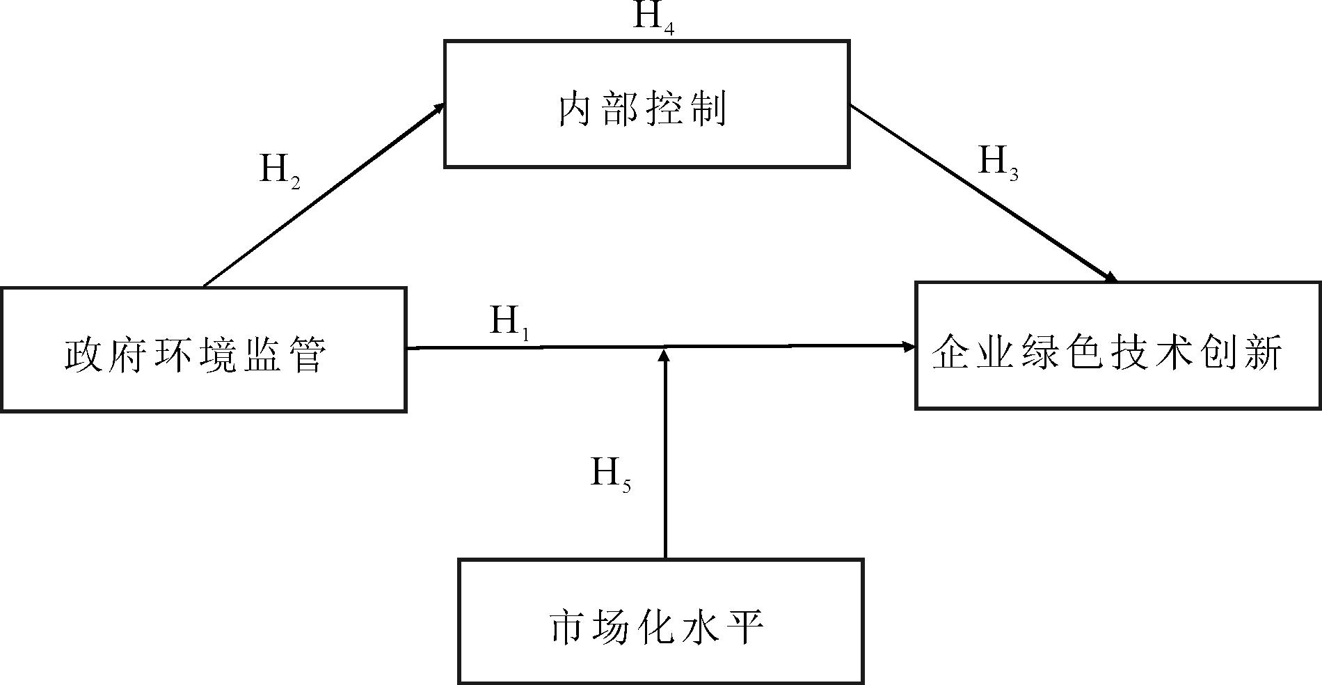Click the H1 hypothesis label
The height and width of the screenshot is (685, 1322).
[510, 322]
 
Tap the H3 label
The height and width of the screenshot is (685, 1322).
[998, 164]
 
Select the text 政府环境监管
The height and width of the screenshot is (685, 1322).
[196, 355]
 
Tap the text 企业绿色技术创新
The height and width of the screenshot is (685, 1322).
[1106, 352]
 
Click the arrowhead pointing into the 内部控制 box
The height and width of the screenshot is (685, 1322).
[438, 107]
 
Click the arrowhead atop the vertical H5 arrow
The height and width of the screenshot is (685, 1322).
[665, 355]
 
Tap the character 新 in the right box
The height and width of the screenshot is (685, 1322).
[1263, 352]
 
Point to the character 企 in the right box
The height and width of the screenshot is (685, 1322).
[951, 352]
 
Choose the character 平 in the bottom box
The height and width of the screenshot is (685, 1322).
[747, 627]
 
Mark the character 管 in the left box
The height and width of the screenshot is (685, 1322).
[307, 355]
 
